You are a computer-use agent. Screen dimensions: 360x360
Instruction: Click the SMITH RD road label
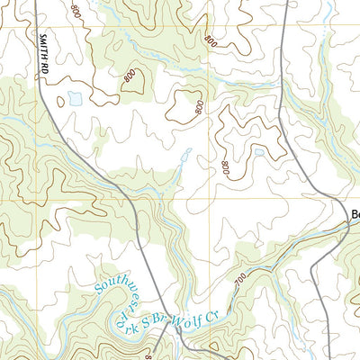click(42, 59)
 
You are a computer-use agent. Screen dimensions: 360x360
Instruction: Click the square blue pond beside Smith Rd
click(75, 96)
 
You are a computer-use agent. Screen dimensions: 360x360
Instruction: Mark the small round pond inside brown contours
click(259, 153)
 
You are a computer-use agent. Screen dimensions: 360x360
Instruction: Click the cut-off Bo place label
click(354, 215)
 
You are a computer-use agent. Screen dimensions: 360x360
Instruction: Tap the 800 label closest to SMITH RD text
click(75, 13)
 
